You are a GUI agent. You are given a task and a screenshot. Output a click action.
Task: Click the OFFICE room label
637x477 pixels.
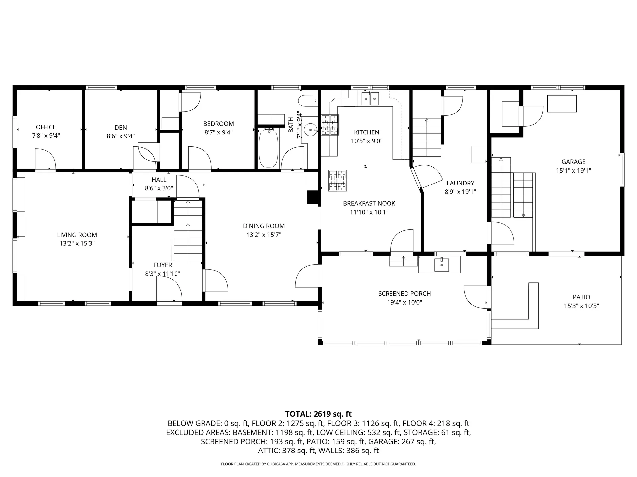46,127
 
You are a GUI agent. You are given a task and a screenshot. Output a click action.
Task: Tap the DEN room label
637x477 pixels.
121,127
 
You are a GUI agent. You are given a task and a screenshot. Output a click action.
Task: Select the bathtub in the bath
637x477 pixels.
268,148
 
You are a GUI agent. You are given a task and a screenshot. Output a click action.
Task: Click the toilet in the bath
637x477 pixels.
307,101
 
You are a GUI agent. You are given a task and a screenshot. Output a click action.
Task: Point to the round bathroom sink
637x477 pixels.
311,128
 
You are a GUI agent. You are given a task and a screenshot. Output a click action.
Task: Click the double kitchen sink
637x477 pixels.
370,98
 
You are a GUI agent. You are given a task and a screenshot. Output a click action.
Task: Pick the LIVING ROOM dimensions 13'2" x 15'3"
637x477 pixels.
77,243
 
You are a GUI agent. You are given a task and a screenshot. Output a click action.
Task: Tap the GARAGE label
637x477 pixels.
573,162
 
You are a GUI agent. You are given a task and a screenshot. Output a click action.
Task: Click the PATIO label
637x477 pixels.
581,297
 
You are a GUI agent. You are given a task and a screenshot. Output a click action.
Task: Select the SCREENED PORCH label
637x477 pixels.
404,293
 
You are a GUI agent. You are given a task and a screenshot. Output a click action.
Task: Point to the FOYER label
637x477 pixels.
163,265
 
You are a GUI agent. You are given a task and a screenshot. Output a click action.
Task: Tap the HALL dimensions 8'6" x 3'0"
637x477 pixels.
159,188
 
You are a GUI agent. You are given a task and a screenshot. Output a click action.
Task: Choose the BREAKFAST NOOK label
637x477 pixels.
369,203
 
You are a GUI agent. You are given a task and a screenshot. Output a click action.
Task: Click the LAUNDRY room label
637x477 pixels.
460,183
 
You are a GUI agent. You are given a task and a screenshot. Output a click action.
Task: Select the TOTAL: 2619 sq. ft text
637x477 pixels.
318,414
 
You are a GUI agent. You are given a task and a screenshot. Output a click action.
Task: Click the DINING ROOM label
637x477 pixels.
264,226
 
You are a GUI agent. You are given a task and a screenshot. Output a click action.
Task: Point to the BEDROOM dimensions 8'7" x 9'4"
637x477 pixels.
219,132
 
